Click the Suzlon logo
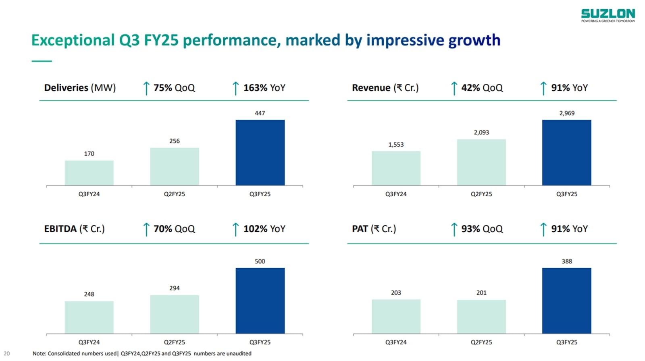[x=608, y=15]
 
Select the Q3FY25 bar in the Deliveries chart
[x=260, y=152]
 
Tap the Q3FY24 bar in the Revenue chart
[x=396, y=168]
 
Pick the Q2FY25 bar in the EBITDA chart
[x=175, y=314]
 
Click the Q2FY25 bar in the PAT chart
[x=481, y=316]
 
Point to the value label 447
[x=260, y=113]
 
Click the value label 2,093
[x=481, y=133]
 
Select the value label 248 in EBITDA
[x=89, y=294]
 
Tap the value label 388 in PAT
[x=567, y=261]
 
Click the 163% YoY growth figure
[x=264, y=88]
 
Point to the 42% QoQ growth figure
[x=482, y=88]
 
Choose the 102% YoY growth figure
[x=264, y=229]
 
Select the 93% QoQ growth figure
[x=482, y=229]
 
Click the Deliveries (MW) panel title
[x=80, y=88]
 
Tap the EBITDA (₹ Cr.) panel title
[x=74, y=229]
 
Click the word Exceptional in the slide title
[x=73, y=40]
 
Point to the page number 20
[x=7, y=353]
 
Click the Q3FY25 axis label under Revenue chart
[x=567, y=194]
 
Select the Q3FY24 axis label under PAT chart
[x=396, y=342]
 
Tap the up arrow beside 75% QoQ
[x=146, y=88]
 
